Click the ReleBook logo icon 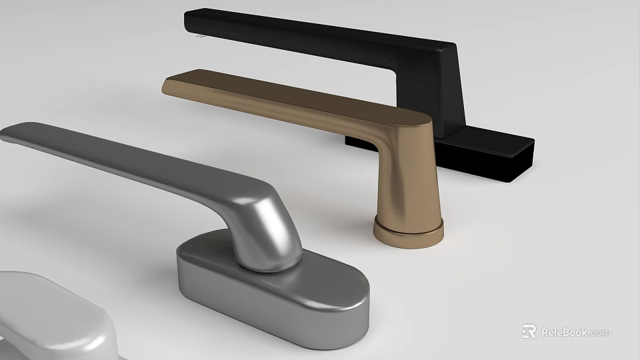click(529, 331)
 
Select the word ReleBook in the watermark click(563, 332)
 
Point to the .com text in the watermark click(600, 332)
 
